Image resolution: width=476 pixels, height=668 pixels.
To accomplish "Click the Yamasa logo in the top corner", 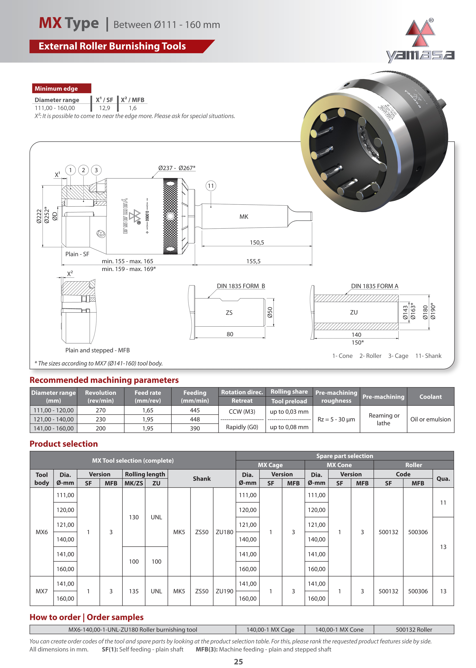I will click(420, 41).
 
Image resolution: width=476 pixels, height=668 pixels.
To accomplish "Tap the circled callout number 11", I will click(211, 186).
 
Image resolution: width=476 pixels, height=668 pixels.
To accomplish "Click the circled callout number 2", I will click(83, 170).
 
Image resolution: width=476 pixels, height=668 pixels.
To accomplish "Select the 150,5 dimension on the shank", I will click(257, 243).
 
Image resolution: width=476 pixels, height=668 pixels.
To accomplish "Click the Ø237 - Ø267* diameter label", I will click(177, 168).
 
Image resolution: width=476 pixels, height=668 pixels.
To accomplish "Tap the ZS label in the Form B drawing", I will click(229, 313).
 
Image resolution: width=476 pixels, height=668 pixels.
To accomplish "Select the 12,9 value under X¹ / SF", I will click(105, 108).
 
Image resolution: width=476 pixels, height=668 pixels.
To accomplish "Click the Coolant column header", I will click(430, 397).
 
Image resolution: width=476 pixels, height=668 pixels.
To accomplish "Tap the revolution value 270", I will click(101, 410).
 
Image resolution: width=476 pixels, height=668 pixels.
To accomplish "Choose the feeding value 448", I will click(195, 419).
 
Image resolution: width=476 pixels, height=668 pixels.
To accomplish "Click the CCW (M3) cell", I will click(242, 411).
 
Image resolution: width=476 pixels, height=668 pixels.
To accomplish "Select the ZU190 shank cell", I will click(224, 591).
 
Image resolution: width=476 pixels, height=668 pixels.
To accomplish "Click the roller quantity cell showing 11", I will click(443, 503).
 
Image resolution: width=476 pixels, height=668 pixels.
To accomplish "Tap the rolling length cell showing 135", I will click(134, 591).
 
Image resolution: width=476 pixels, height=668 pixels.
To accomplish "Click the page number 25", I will click(238, 661).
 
